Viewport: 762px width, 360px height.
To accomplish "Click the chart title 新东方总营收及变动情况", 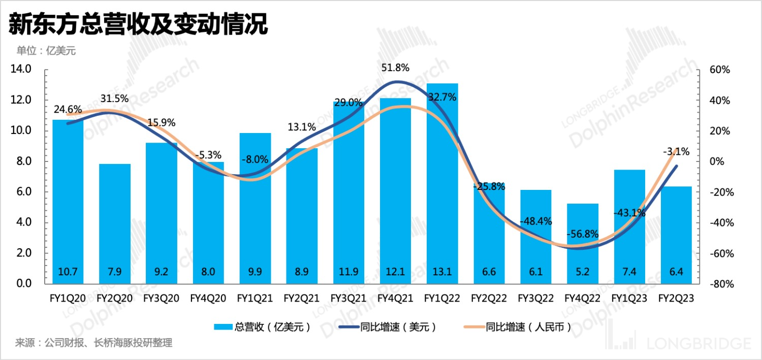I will click(x=138, y=24).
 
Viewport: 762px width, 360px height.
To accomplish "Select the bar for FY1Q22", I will click(x=442, y=183).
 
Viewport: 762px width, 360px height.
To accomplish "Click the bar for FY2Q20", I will click(x=115, y=223).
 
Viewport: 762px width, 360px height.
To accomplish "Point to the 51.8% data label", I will click(x=395, y=68).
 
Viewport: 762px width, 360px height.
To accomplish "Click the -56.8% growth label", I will click(x=583, y=234).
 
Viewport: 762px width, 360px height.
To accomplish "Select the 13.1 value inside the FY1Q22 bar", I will click(x=442, y=272).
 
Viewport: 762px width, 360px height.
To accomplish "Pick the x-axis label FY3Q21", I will click(x=348, y=299).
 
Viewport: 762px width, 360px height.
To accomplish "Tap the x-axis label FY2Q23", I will click(x=676, y=299).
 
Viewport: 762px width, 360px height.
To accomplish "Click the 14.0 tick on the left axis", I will click(x=21, y=70).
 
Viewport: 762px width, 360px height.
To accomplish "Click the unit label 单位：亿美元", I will click(x=46, y=50).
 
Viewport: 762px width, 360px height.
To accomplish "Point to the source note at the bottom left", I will click(x=94, y=343).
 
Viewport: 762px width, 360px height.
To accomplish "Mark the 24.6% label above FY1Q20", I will click(x=68, y=109).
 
